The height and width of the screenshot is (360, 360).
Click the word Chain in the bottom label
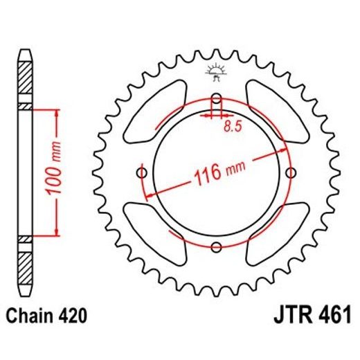tap(30, 316)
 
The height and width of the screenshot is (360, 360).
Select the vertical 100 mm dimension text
tap(58, 172)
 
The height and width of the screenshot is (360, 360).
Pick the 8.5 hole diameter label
tap(233, 126)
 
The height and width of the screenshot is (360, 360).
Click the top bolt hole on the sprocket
tap(217, 97)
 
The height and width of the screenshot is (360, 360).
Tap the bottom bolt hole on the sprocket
tap(217, 246)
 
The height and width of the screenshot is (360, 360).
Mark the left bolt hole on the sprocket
tap(143, 172)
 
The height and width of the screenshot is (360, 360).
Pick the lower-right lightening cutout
tap(272, 232)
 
